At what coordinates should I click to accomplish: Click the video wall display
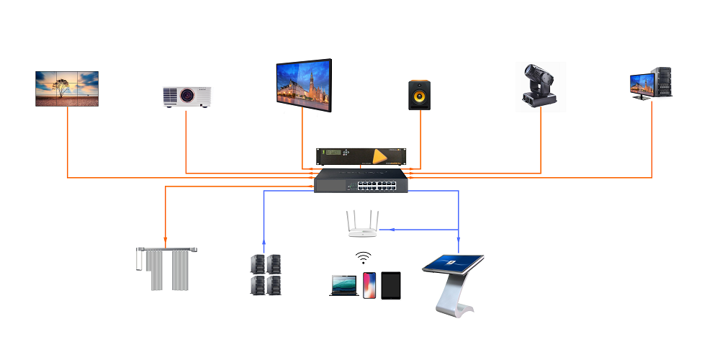[x=68, y=89]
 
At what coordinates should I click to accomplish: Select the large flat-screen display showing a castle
[x=303, y=85]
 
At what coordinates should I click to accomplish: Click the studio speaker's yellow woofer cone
[x=420, y=98]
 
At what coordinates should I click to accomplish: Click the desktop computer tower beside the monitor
[x=662, y=83]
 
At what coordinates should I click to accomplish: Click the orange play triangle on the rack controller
[x=379, y=156]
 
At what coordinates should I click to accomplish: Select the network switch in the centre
[x=361, y=181]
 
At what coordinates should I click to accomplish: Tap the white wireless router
[x=364, y=225]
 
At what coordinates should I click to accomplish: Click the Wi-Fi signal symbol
[x=364, y=258]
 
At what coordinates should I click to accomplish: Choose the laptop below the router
[x=343, y=285]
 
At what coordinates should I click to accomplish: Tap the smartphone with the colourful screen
[x=369, y=285]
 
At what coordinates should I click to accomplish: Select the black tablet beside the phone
[x=391, y=285]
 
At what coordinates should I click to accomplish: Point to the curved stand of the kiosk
[x=454, y=295]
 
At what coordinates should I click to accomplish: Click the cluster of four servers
[x=264, y=274]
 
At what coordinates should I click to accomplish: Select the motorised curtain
[x=166, y=268]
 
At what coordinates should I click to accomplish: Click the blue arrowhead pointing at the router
[x=382, y=230]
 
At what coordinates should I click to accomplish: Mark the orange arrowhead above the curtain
[x=166, y=241]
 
